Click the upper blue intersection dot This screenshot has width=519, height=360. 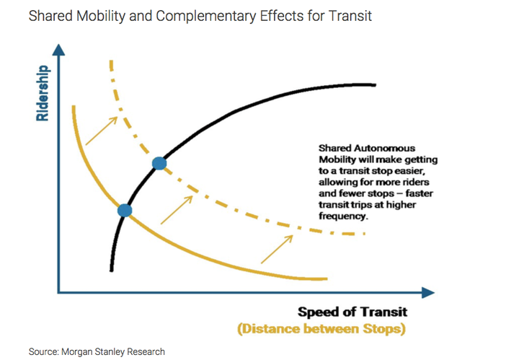coord(159,163)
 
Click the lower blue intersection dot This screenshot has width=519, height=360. coord(125,211)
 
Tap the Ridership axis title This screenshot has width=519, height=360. coord(43,93)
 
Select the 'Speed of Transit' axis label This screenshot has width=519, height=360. coord(352,312)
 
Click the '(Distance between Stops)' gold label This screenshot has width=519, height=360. coord(321,329)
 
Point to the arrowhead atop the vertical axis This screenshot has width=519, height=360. coord(58,50)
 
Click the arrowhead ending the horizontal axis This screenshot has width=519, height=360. coord(428,292)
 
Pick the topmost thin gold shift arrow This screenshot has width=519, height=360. coord(102,131)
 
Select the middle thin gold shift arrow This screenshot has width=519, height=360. coord(177,210)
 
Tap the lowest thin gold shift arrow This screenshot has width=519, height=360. coord(277,249)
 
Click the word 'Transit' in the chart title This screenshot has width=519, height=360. coord(350,16)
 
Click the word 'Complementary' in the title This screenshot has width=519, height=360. coord(205,17)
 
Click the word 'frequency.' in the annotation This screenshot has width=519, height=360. coord(344,216)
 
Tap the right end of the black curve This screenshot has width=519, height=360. coord(375,85)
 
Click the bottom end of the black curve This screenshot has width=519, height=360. coord(112,271)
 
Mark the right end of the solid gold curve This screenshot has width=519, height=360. coord(327,279)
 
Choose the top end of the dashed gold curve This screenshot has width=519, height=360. coord(111,61)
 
